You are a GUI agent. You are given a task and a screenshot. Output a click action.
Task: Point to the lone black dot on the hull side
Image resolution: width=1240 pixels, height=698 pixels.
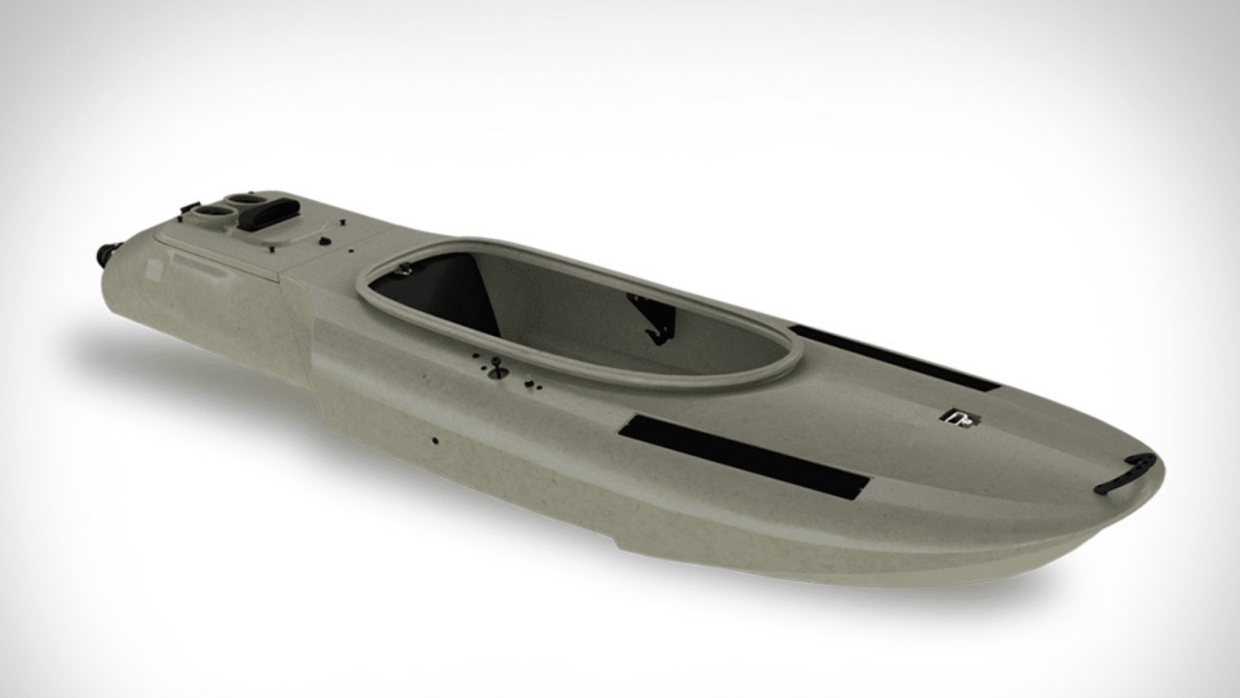(436, 440)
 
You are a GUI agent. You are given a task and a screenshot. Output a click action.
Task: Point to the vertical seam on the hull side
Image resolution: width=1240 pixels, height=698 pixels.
(317, 380)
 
